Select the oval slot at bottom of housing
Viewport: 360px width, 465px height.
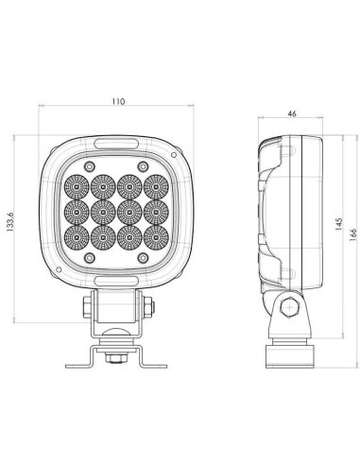coord(114,279)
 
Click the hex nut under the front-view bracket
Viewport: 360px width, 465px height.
coord(114,356)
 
